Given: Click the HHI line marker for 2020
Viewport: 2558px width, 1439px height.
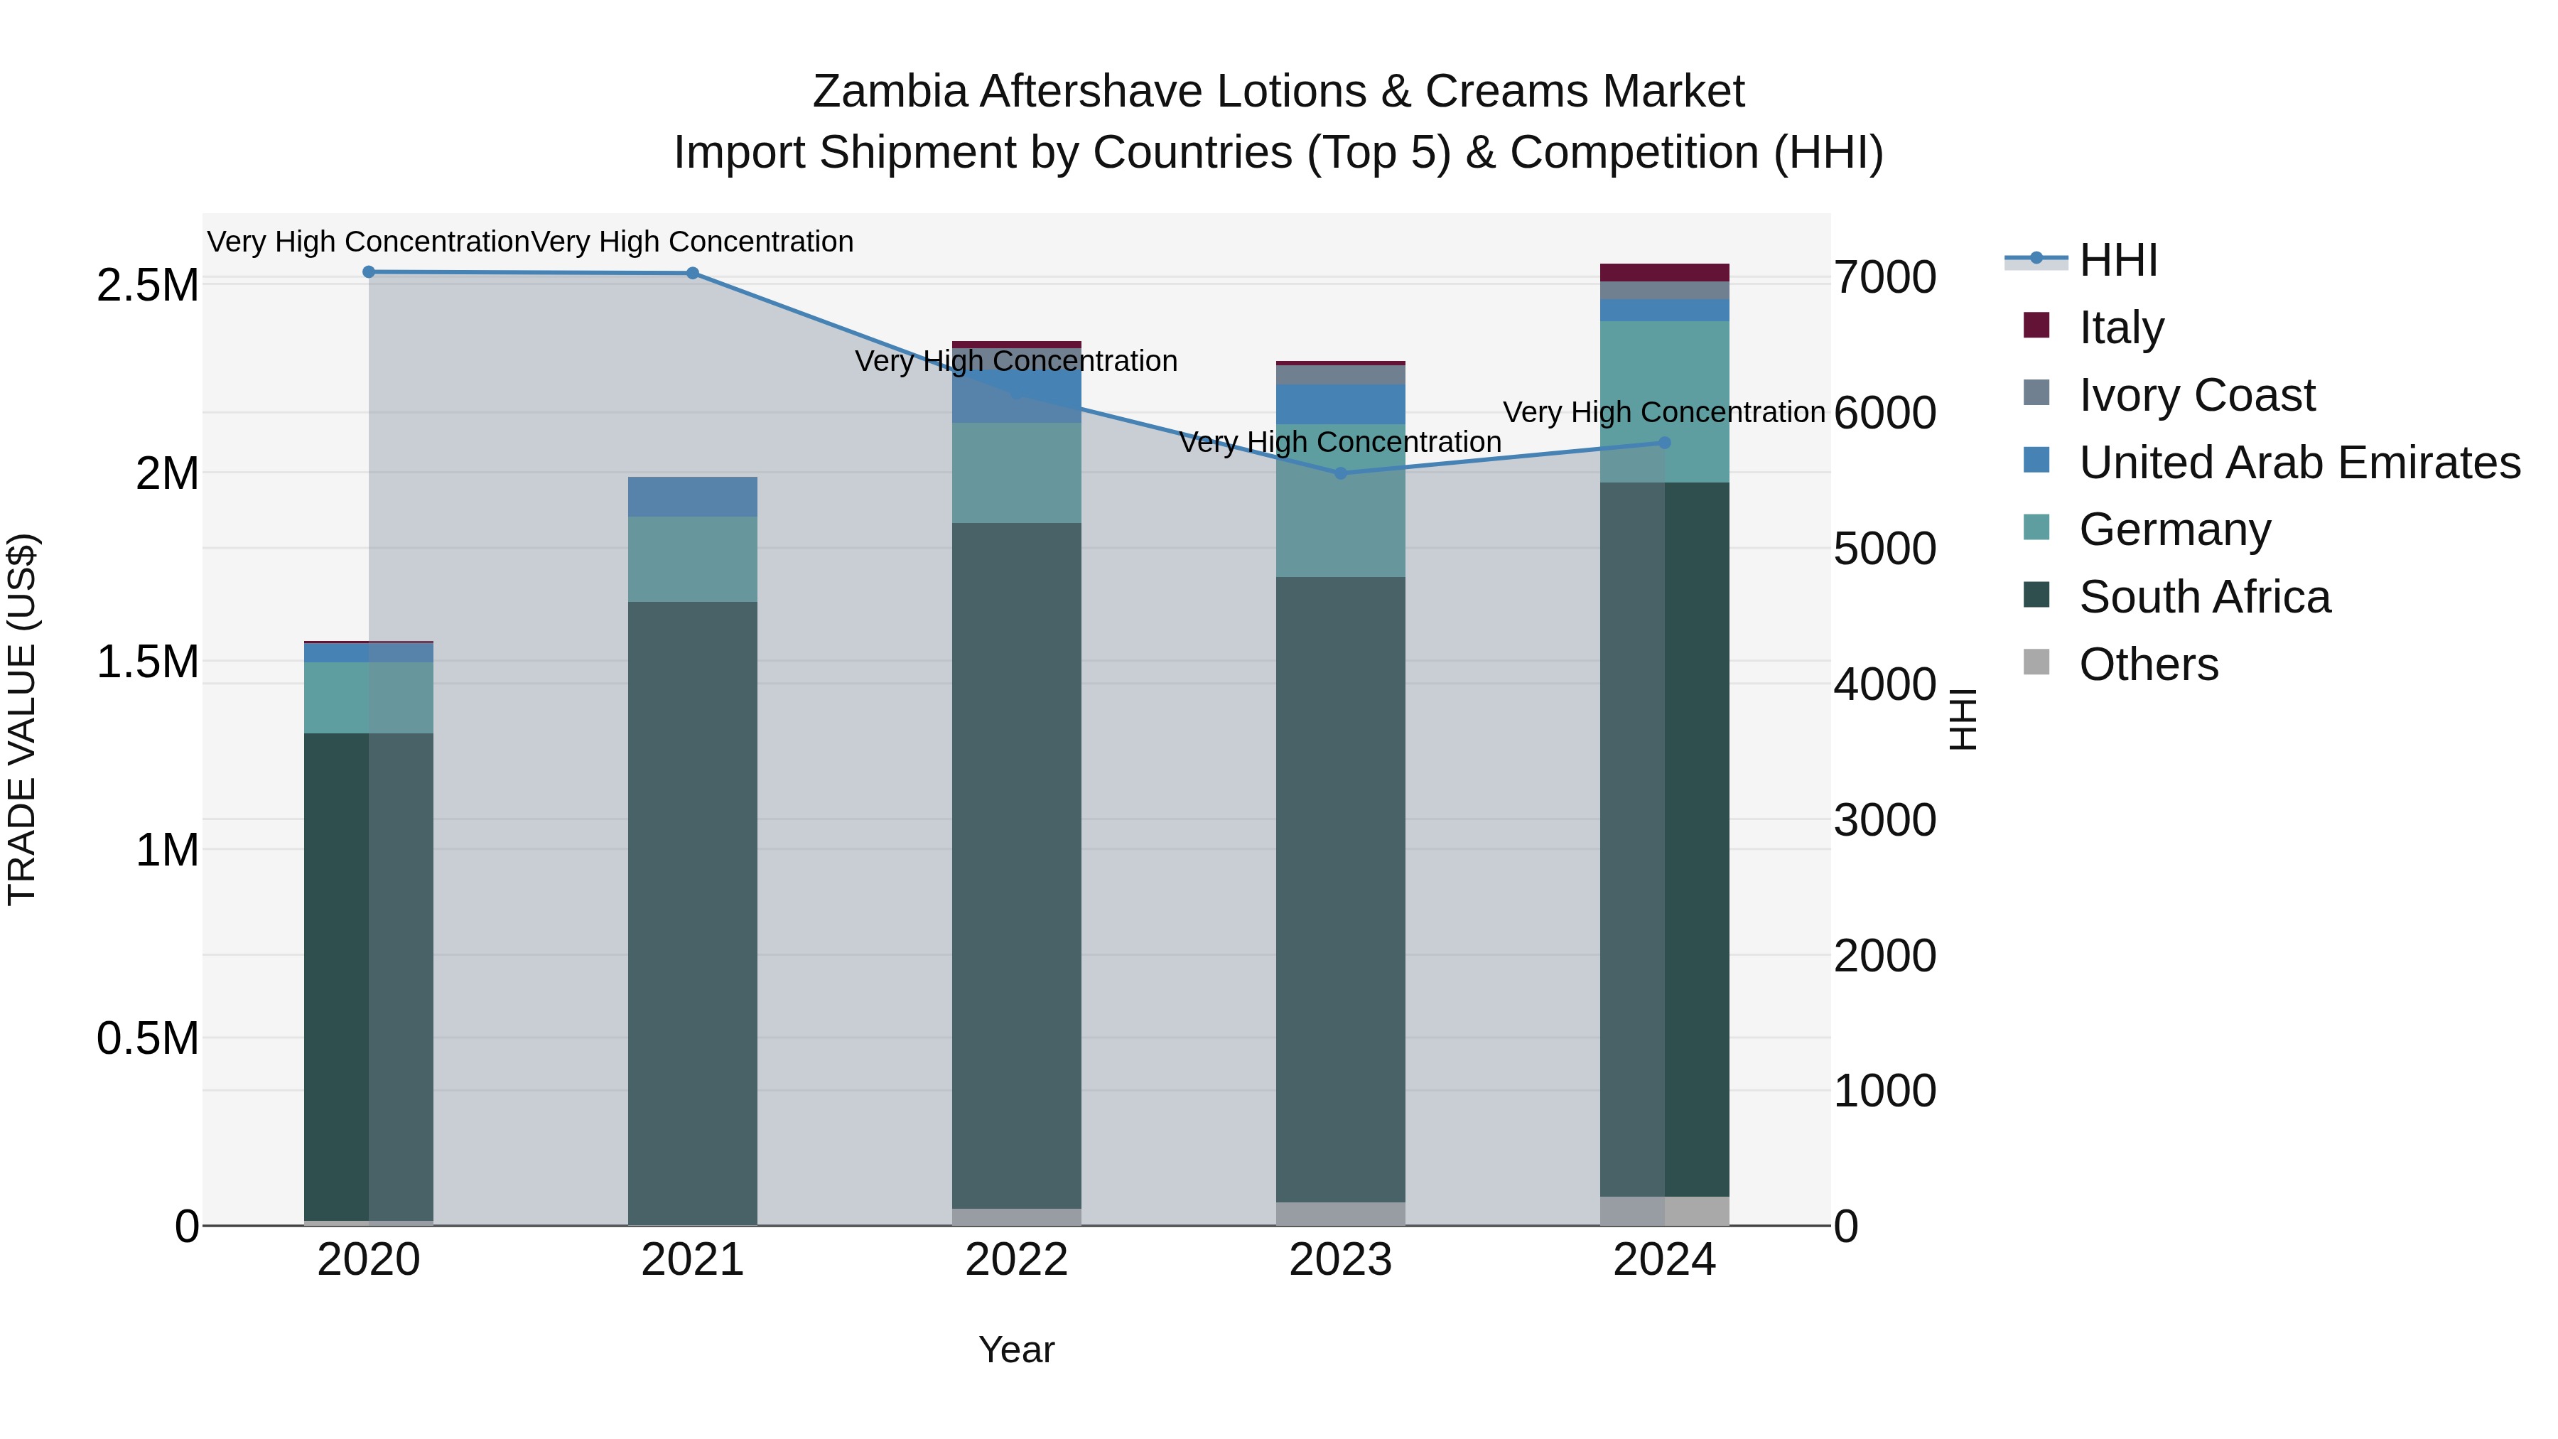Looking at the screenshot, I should pyautogui.click(x=368, y=271).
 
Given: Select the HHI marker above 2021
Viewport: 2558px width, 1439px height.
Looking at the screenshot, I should pyautogui.click(x=692, y=273).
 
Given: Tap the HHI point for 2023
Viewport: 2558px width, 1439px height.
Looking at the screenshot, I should pyautogui.click(x=1341, y=473).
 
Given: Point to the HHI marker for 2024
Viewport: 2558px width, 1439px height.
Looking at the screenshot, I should pyautogui.click(x=1664, y=443).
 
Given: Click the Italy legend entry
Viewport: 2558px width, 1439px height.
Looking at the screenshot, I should pyautogui.click(x=2121, y=328).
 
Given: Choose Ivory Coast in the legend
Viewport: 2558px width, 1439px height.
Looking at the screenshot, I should pyautogui.click(x=2196, y=395).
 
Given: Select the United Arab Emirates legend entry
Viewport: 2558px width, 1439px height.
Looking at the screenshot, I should pyautogui.click(x=2299, y=463).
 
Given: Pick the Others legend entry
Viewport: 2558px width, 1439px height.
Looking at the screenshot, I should pyautogui.click(x=2148, y=664).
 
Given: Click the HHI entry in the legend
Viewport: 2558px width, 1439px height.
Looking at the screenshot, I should pyautogui.click(x=2117, y=260).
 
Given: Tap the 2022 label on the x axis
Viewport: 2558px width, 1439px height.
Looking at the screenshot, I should pyautogui.click(x=1016, y=1260).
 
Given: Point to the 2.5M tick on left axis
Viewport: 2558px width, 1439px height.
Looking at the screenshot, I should pyautogui.click(x=147, y=285).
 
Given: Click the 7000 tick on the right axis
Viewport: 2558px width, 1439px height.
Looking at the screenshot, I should pyautogui.click(x=1884, y=277).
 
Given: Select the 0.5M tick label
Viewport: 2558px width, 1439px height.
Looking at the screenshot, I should pyautogui.click(x=147, y=1039).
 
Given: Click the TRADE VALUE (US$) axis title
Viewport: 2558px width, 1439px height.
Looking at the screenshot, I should pyautogui.click(x=22, y=719).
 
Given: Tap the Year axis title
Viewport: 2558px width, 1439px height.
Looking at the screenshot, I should pyautogui.click(x=1016, y=1349).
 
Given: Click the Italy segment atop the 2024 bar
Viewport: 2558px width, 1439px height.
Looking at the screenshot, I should pyautogui.click(x=1664, y=272).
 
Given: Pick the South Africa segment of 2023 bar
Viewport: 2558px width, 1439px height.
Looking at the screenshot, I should pyautogui.click(x=1341, y=889).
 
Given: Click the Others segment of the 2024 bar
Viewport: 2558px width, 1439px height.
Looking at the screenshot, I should pyautogui.click(x=1664, y=1211).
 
